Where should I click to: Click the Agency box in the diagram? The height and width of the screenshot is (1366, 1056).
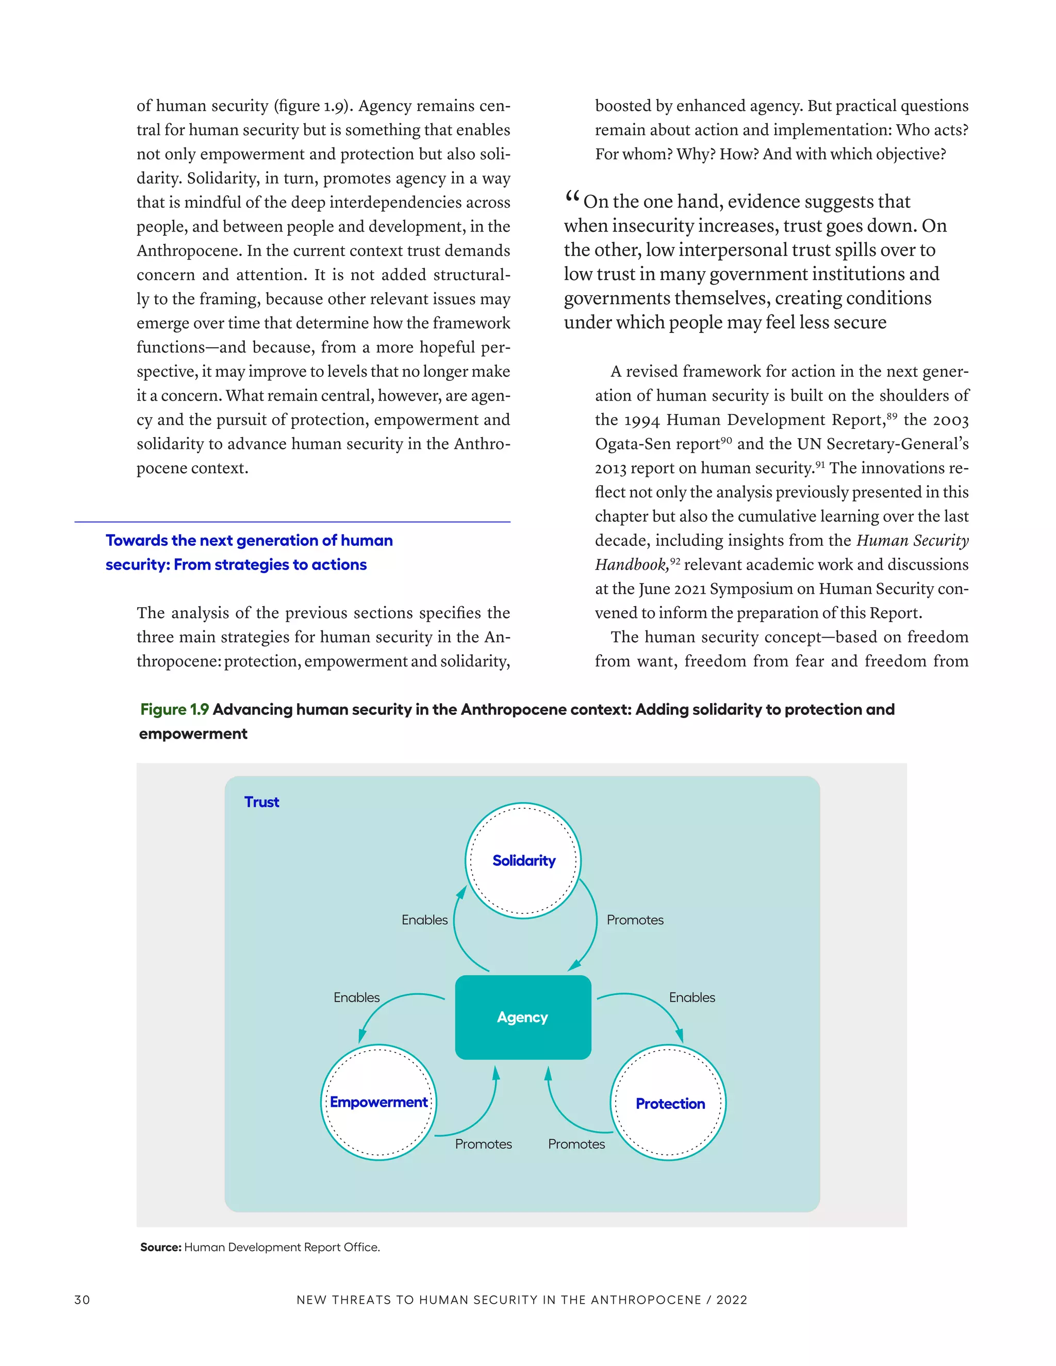pyautogui.click(x=523, y=1017)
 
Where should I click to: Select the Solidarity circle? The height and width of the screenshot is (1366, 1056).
pyautogui.click(x=523, y=861)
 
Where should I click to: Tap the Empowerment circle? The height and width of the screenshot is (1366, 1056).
pyautogui.click(x=378, y=1102)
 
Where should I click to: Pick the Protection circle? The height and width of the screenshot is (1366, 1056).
pyautogui.click(x=669, y=1103)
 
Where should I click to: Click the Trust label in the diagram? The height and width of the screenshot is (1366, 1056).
pyautogui.click(x=261, y=802)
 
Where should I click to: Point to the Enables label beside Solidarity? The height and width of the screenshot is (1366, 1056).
pyautogui.click(x=424, y=920)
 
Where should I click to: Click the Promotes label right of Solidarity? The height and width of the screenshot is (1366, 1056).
pyautogui.click(x=635, y=920)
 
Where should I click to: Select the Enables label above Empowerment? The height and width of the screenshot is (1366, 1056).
pyautogui.click(x=357, y=997)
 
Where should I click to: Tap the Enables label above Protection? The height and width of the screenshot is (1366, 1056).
pyautogui.click(x=692, y=997)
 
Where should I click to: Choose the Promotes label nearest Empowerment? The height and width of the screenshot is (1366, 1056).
pyautogui.click(x=483, y=1144)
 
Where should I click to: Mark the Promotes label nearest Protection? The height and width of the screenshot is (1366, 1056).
pyautogui.click(x=576, y=1144)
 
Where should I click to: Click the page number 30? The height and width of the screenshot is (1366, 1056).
pyautogui.click(x=82, y=1300)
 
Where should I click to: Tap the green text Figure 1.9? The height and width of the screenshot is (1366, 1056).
pyautogui.click(x=175, y=709)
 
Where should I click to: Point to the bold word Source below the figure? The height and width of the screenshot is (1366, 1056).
pyautogui.click(x=160, y=1247)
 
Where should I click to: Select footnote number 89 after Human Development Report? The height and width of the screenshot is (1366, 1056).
pyautogui.click(x=892, y=415)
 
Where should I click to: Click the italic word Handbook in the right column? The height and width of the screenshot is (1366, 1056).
pyautogui.click(x=631, y=565)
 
